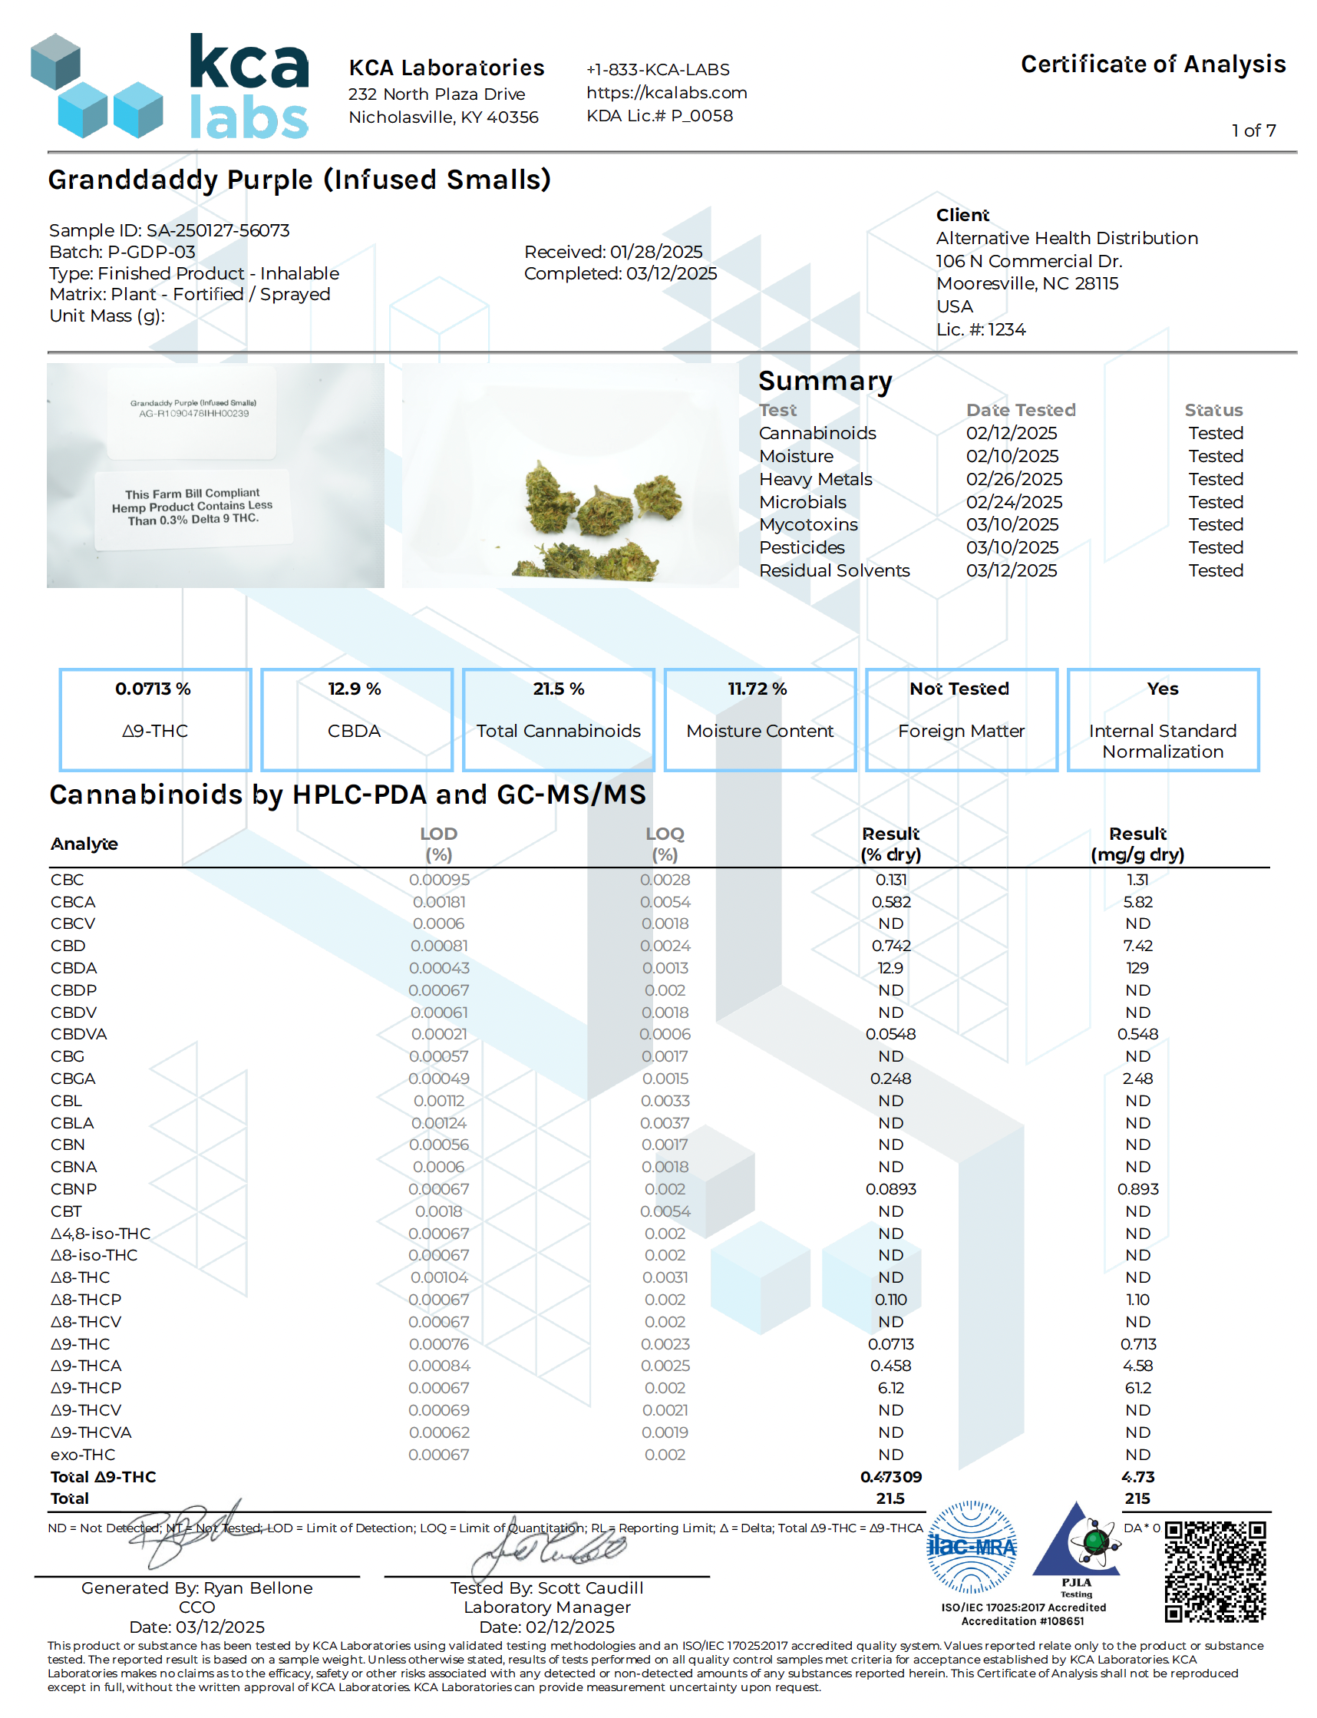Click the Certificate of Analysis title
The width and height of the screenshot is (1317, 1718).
(1153, 64)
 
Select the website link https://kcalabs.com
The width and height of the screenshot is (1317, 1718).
(666, 93)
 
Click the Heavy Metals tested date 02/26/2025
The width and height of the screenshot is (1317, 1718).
(1014, 479)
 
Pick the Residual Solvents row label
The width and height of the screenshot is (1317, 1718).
(834, 571)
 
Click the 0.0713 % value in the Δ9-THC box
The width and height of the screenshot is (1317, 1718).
(153, 689)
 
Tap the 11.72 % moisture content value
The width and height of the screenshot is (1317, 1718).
(758, 689)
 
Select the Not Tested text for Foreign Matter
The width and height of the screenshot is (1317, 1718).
(959, 689)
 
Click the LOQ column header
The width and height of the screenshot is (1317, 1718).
(665, 844)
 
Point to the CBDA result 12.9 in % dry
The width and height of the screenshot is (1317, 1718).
(890, 968)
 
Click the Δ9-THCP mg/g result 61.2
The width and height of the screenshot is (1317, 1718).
(1137, 1389)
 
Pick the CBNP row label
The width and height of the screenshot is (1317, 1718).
(74, 1190)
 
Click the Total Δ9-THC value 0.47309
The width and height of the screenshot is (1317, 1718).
(890, 1477)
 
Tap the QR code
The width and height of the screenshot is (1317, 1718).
(1214, 1571)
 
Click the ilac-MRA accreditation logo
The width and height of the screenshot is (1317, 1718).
(972, 1547)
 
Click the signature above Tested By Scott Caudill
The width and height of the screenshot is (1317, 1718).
(549, 1548)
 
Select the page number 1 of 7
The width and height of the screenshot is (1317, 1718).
(1253, 131)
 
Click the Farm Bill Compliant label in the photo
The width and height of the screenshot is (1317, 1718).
(192, 507)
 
